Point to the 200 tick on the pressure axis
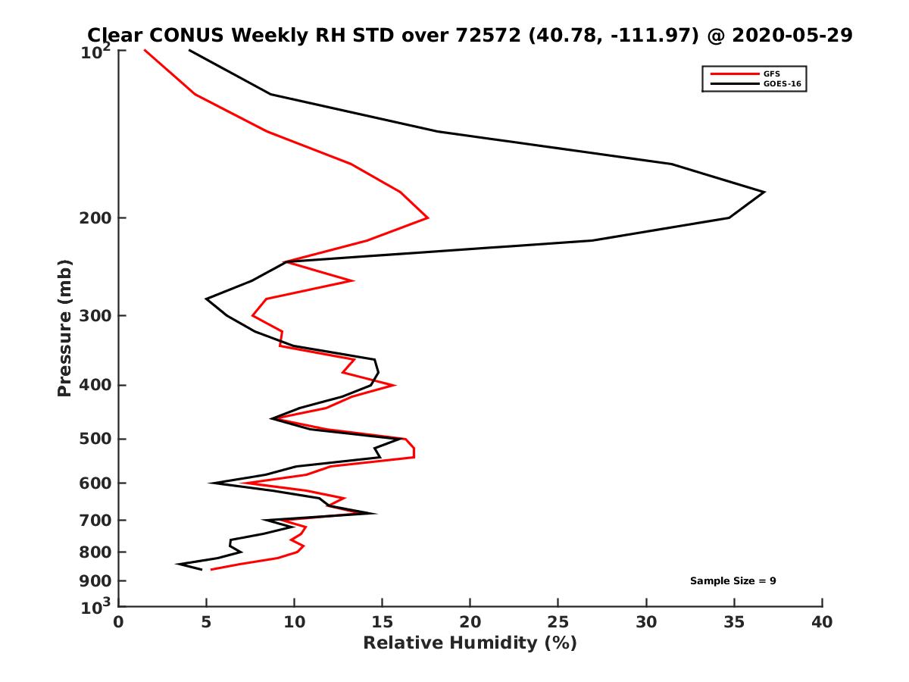tap(97, 218)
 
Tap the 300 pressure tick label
tap(97, 315)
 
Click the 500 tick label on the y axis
tap(97, 439)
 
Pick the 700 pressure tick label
tap(97, 520)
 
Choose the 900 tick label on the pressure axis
tap(97, 581)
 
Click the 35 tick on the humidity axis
tap(646, 622)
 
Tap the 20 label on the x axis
tap(470, 622)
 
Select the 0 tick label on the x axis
tap(119, 622)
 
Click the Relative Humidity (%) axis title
tap(470, 643)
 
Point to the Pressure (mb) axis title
tap(64, 327)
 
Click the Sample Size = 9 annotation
tap(733, 580)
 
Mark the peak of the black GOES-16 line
tap(764, 192)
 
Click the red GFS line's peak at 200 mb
tap(428, 218)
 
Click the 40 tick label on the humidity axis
tap(822, 622)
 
